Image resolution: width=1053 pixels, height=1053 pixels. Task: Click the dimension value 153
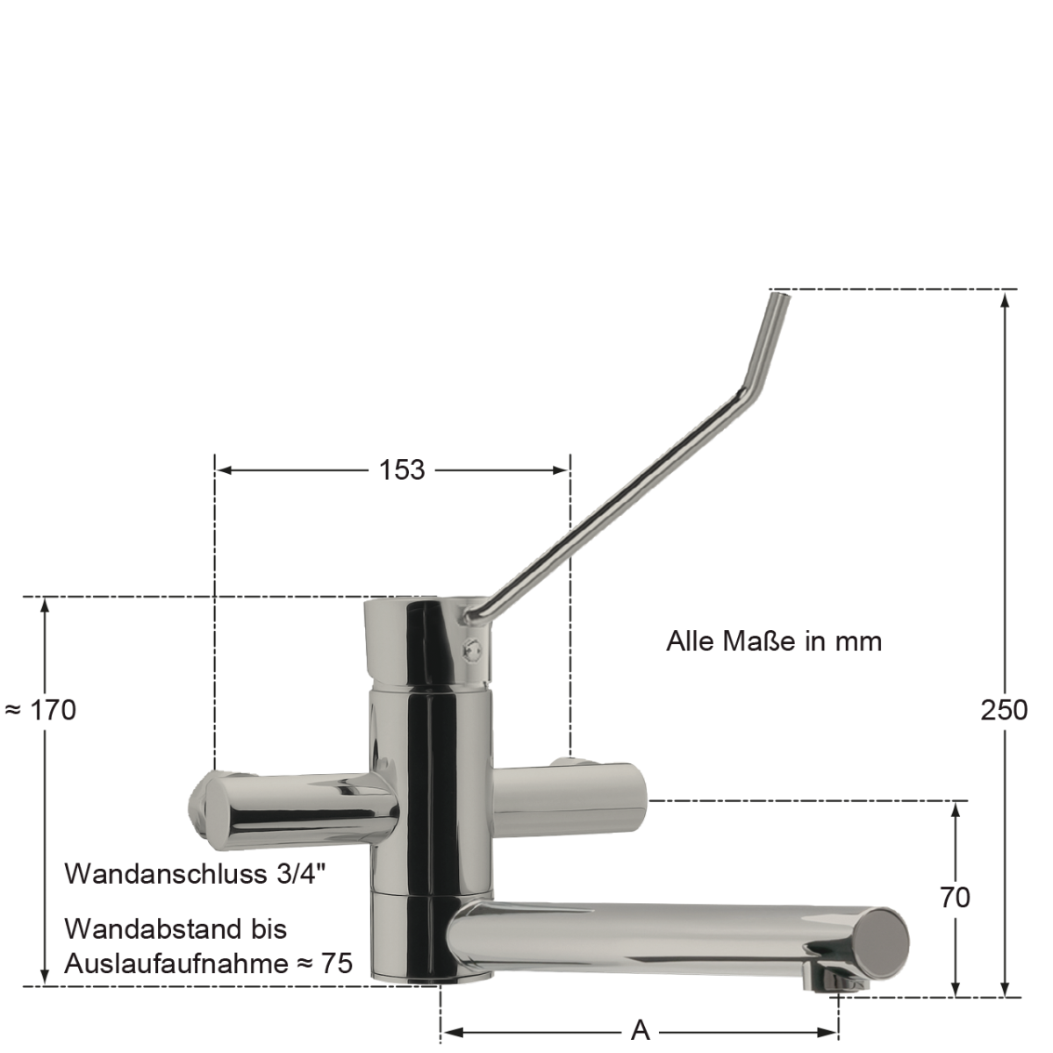coord(402,469)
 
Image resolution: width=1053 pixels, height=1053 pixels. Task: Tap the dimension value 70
coord(955,897)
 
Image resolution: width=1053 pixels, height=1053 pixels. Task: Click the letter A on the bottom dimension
coord(640,1030)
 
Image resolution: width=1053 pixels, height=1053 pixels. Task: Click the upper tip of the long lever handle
coord(778,298)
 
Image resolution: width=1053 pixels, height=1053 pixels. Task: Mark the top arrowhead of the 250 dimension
coord(1005,298)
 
